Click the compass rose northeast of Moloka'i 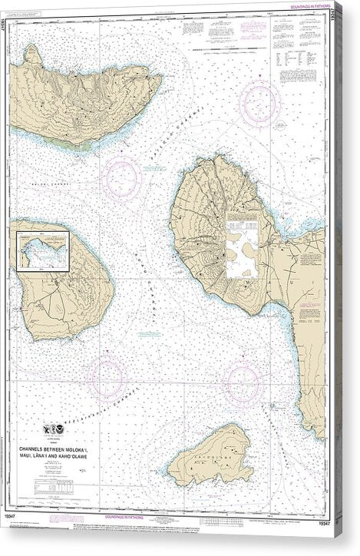pos(259,103)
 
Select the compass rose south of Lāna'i pos(106,376)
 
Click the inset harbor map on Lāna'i pos(39,247)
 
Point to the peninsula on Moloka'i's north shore pos(31,54)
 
